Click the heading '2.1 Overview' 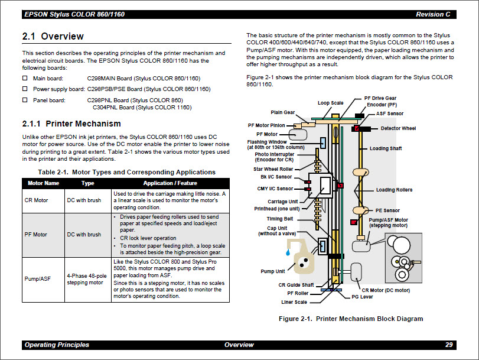click(53, 37)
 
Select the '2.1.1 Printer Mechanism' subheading click(71, 124)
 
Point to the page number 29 click(449, 345)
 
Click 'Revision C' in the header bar click(433, 14)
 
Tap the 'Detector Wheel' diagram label click(398, 128)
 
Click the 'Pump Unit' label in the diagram click(272, 271)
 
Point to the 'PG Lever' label click(363, 297)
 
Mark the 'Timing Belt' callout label click(279, 219)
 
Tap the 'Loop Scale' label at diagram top click(330, 103)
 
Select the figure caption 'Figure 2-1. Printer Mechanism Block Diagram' click(351, 319)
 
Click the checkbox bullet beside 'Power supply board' click(25, 89)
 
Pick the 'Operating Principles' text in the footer click(57, 345)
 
